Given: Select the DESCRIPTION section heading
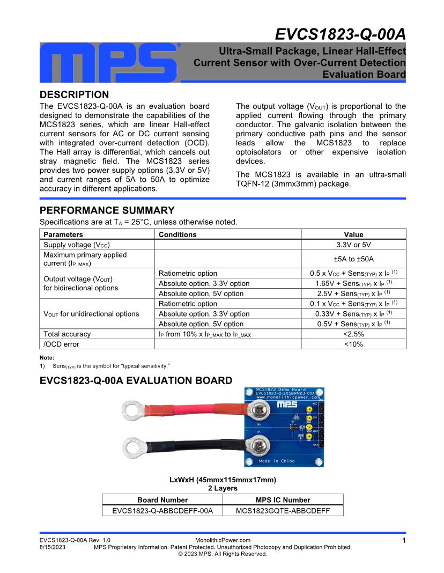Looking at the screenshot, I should pos(75,95).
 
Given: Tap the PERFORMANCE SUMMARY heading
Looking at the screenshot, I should pos(107,210).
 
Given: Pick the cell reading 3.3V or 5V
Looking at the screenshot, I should pos(353,245).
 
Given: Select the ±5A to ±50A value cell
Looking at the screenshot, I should pos(353,259).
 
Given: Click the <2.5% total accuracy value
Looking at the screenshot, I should pos(353,334).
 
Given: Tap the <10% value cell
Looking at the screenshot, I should pos(353,344).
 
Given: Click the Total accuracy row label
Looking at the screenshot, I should pos(67,334).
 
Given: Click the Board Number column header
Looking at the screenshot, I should pos(162,500).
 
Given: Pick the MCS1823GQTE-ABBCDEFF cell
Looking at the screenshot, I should pos(283,511).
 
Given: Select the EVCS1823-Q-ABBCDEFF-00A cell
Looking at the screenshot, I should pos(162,511).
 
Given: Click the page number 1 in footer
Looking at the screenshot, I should pos(403,541).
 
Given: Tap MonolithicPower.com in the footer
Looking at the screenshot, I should pos(223,540).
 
